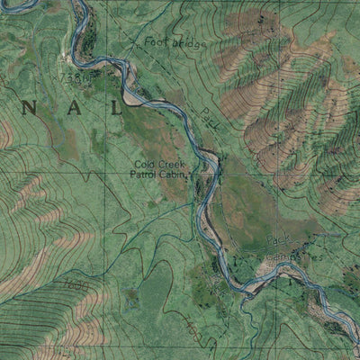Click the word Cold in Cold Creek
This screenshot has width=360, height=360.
[145, 165]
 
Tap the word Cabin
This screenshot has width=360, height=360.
[175, 176]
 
